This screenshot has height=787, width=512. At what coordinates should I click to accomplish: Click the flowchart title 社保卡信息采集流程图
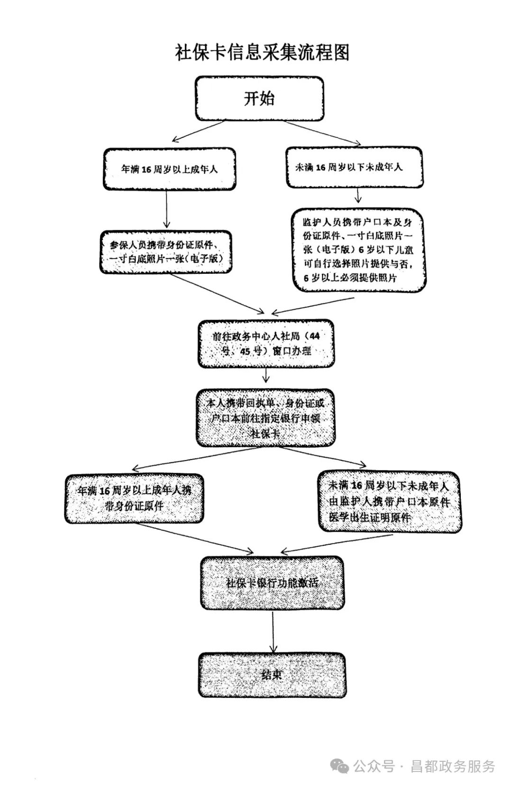click(262, 53)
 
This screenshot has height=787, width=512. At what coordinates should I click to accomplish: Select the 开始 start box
click(259, 99)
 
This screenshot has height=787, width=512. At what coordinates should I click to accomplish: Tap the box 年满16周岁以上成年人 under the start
click(169, 169)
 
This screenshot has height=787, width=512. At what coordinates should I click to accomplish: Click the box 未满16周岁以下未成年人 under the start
click(354, 167)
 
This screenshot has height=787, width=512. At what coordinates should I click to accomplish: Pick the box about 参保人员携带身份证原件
click(166, 252)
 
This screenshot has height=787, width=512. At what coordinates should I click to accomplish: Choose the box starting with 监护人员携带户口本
click(358, 250)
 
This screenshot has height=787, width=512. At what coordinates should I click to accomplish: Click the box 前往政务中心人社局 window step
click(265, 344)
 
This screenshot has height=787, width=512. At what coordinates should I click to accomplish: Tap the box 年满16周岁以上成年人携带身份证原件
click(134, 498)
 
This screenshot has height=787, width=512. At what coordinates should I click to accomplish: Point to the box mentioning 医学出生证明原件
click(389, 502)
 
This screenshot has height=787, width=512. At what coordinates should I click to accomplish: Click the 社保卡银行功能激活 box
click(272, 583)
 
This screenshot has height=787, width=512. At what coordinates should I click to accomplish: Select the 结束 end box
click(272, 675)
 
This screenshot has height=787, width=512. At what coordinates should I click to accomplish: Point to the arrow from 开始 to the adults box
click(199, 131)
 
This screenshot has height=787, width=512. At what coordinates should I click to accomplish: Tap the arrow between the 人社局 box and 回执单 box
click(266, 376)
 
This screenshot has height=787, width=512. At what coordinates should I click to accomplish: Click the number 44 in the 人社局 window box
click(314, 336)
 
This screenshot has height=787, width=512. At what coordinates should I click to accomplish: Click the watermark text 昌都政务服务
click(452, 766)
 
